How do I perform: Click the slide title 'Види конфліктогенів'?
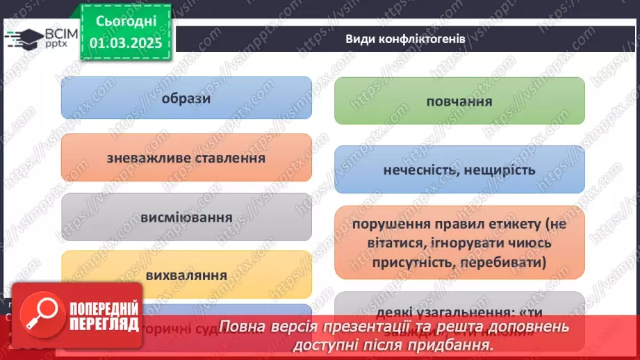point(405,39)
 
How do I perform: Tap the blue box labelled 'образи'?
point(186,98)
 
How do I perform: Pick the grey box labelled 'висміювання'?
point(186,217)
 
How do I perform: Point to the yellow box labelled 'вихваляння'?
point(186,275)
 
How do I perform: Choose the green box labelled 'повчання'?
point(459,101)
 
